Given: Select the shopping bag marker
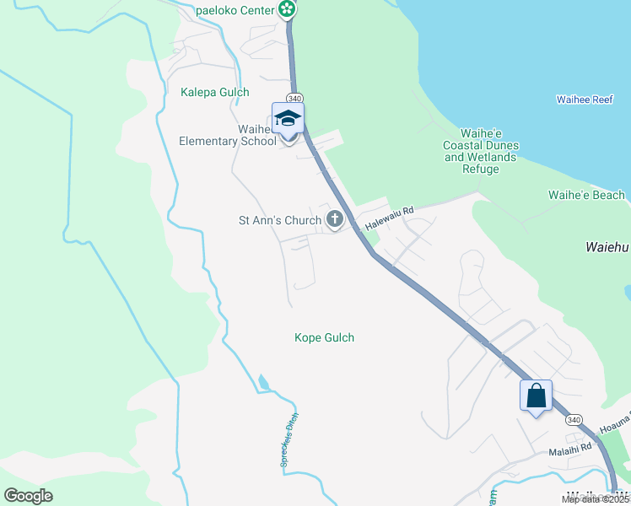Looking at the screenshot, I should point(536,395).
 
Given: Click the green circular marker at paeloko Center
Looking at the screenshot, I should point(288,9).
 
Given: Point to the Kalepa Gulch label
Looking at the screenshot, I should point(215,92).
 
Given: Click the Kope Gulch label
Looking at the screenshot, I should point(324,338).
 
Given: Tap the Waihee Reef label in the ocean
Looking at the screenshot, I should point(584,100).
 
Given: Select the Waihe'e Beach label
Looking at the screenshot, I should point(586,196).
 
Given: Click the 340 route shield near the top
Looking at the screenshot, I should point(294,99).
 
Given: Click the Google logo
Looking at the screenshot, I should point(28,495).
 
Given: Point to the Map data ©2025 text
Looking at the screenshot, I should point(595,499).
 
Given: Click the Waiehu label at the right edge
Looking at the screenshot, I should point(607,249).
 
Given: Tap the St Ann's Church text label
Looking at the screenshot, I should point(280,221).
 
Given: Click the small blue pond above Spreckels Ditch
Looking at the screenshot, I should point(265,383).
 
